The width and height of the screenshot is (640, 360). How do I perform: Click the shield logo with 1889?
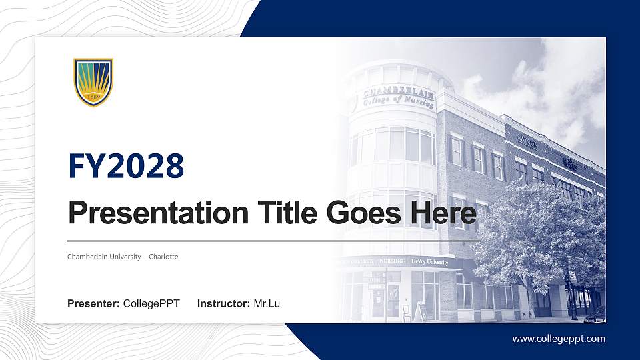coord(93,82)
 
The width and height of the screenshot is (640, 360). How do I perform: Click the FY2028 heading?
coord(126,166)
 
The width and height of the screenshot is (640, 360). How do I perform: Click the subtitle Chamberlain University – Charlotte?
coord(123,257)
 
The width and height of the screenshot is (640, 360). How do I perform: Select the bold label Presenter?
coord(93,304)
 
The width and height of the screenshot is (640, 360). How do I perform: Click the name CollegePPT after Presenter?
coord(151,304)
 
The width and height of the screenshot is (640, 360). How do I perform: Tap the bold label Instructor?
coord(224,304)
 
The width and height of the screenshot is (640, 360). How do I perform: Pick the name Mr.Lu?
coord(267,304)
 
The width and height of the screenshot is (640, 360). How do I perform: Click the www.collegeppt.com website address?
coord(559,339)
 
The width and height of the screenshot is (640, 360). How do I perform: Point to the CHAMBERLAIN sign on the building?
coord(398,92)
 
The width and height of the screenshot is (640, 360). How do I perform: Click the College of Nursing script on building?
coord(399,102)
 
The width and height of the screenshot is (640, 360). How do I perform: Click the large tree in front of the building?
coord(540,233)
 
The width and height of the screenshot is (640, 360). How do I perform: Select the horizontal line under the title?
coord(273,240)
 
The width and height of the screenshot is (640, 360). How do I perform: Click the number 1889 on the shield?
coord(93,96)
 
